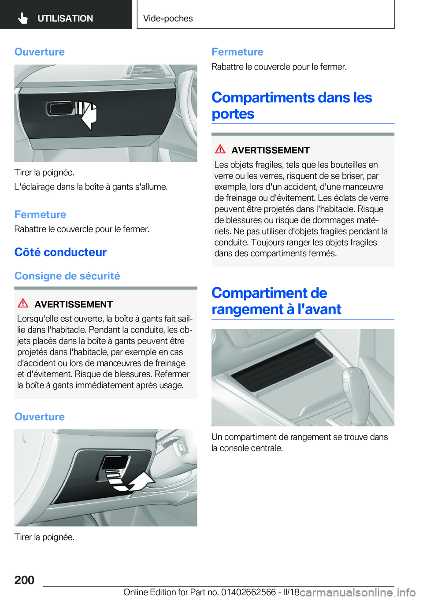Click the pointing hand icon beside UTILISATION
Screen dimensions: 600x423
(23, 18)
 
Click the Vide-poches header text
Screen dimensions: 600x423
(168, 19)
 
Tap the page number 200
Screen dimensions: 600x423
(24, 580)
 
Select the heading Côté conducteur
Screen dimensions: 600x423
(60, 252)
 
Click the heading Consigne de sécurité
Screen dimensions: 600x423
(67, 276)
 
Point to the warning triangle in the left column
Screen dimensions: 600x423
(23, 304)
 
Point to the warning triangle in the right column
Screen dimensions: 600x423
(220, 149)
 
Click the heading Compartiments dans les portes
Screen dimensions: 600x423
(292, 105)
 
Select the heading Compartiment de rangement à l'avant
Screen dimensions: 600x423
(276, 301)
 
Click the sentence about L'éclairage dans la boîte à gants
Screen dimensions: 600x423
(91, 187)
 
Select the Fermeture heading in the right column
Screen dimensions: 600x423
(237, 52)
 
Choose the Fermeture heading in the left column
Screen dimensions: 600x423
(40, 215)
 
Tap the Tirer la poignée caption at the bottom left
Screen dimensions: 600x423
(44, 537)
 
